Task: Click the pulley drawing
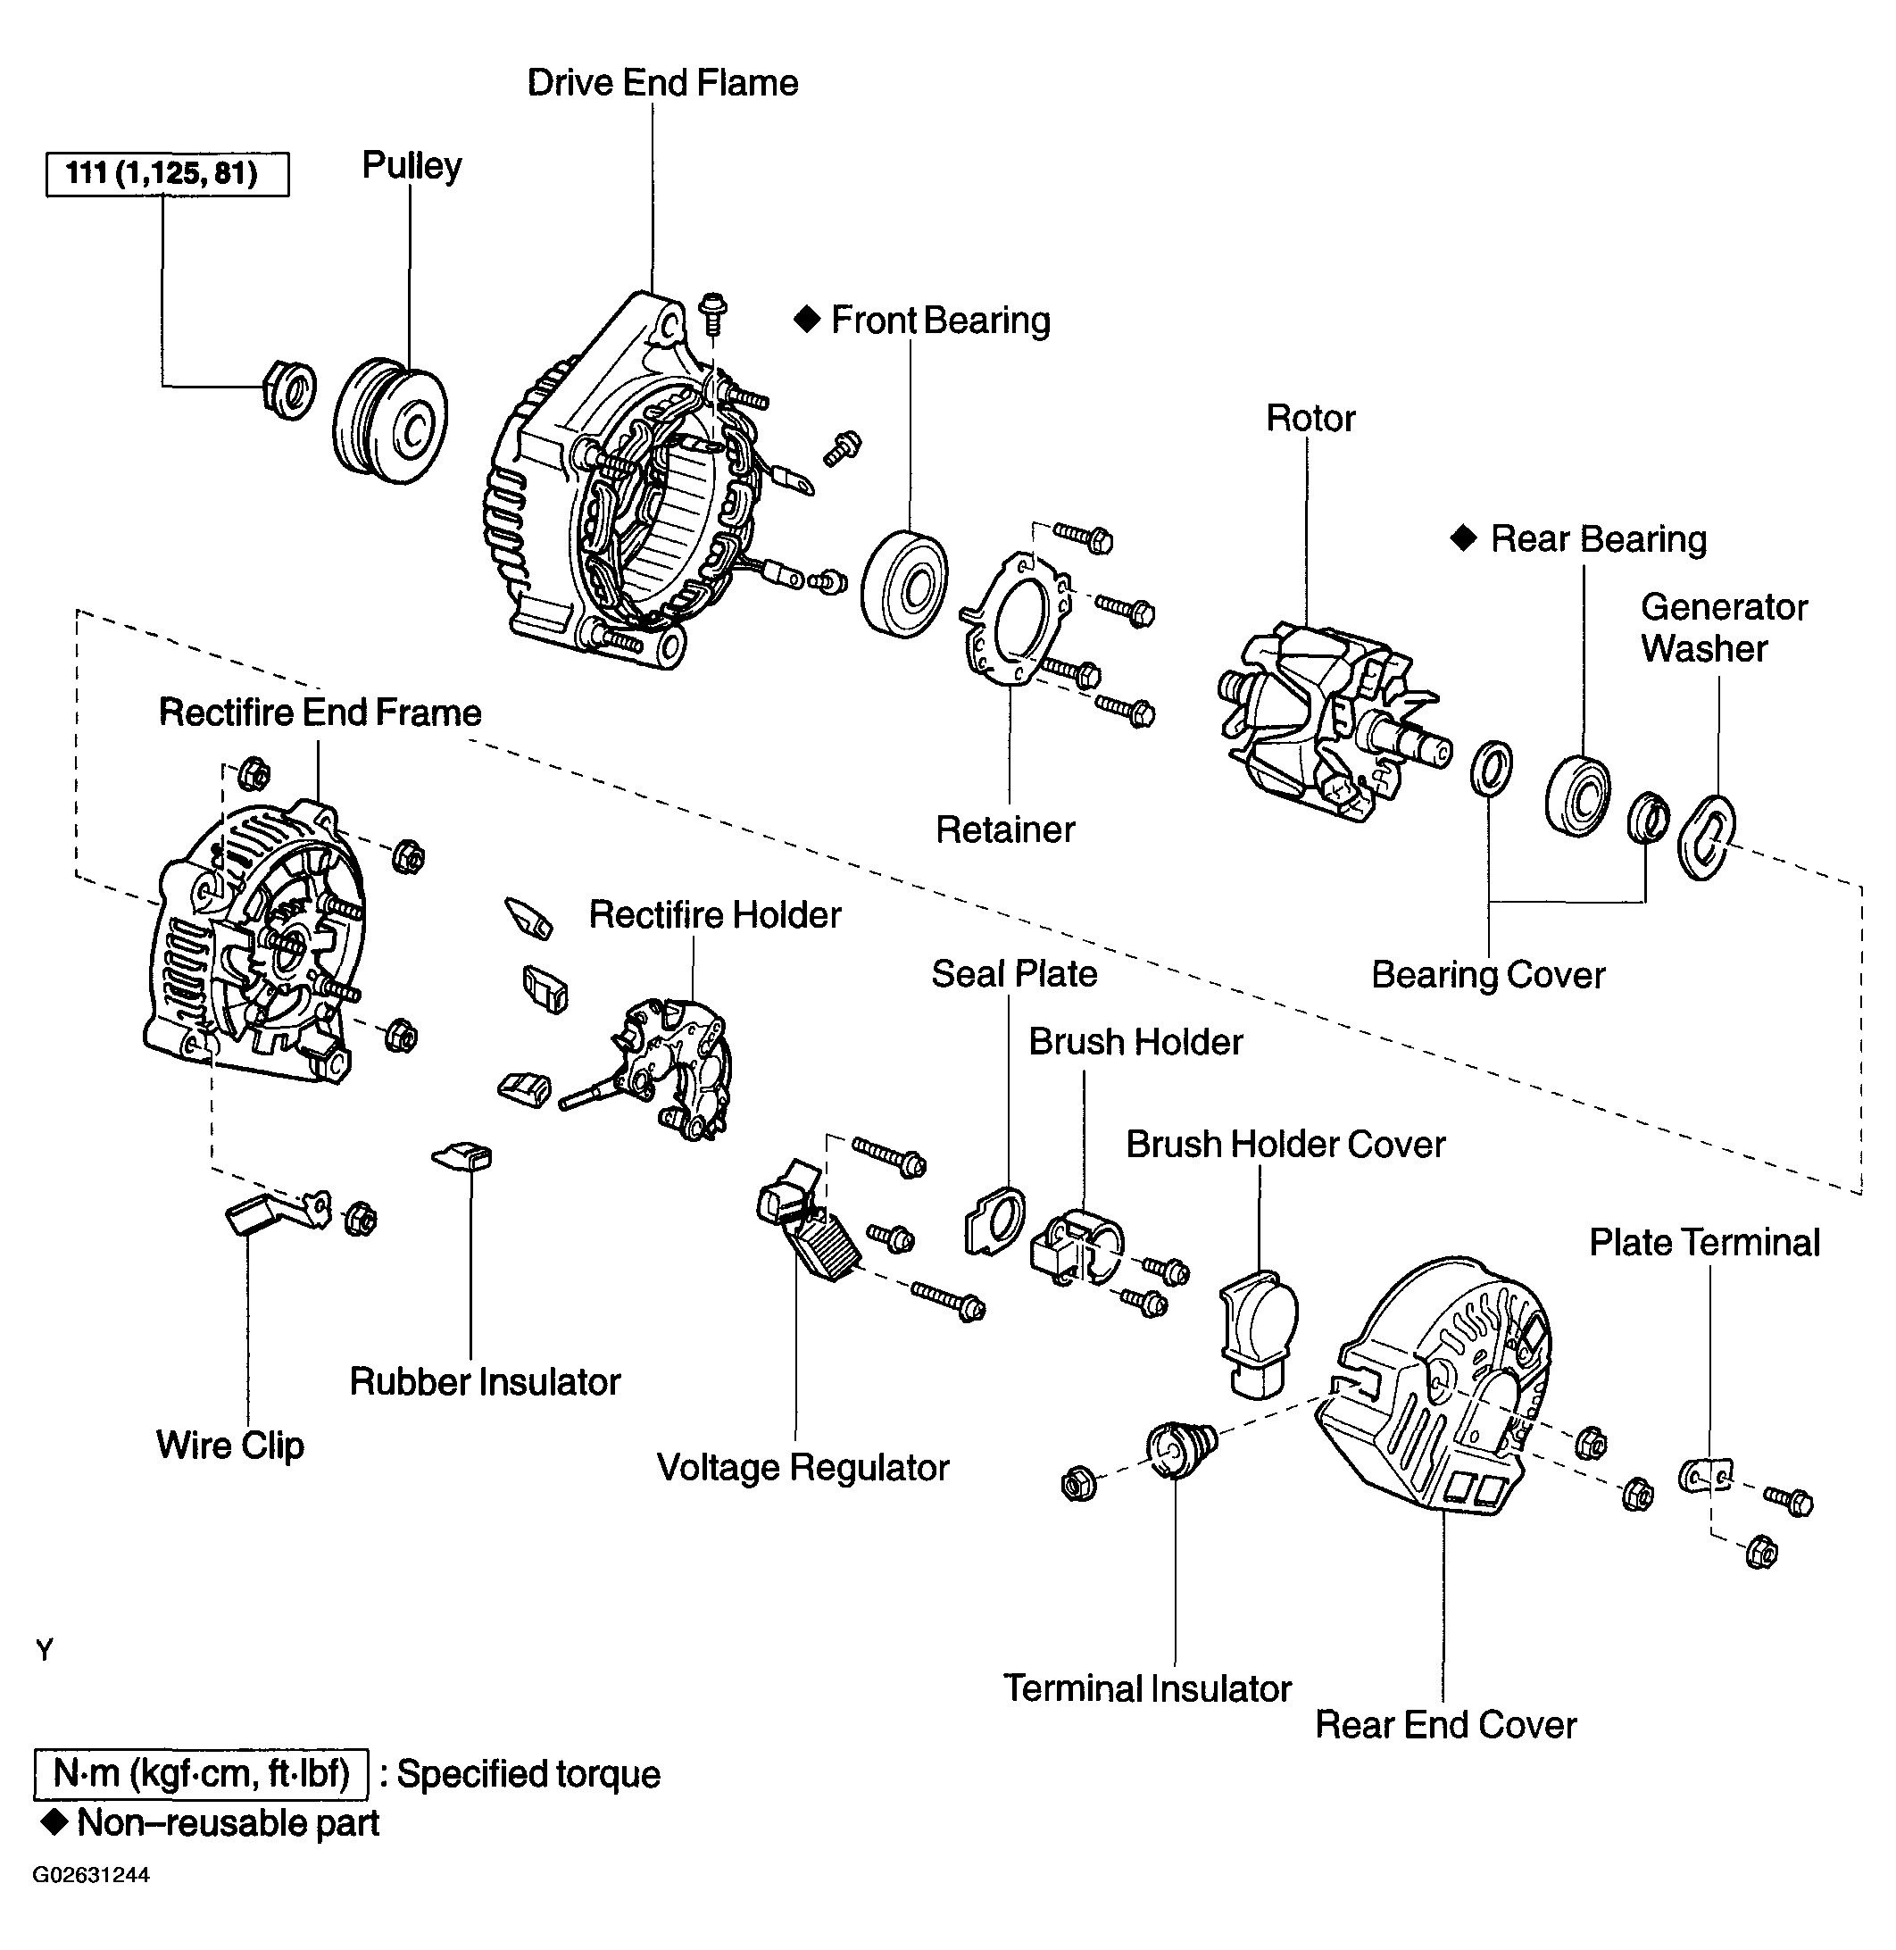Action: pos(389,421)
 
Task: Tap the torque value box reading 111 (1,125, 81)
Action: pos(167,174)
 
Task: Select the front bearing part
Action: pos(904,584)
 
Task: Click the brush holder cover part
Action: pos(1260,1331)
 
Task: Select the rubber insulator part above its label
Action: pos(463,1155)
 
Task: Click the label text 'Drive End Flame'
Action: pos(662,83)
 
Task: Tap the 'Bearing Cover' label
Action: pos(1488,975)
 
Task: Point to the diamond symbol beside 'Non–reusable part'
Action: pos(54,1822)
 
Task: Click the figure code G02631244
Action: pos(92,1875)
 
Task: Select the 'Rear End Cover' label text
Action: pos(1446,1725)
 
